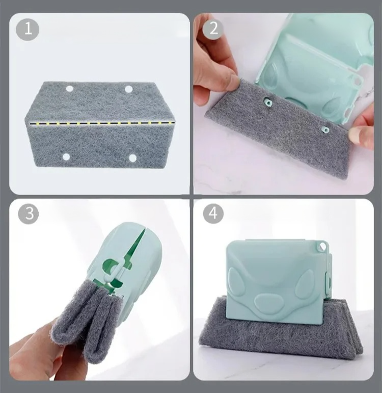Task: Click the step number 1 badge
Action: click(28, 29)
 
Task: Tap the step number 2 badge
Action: click(213, 29)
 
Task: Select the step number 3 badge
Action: click(29, 213)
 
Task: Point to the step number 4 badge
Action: click(213, 213)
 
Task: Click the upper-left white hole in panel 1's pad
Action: click(69, 89)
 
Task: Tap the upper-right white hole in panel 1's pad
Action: click(128, 89)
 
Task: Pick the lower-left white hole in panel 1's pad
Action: click(66, 158)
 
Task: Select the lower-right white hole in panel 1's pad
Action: click(132, 158)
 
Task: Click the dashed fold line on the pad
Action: click(102, 123)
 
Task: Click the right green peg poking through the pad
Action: click(325, 130)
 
